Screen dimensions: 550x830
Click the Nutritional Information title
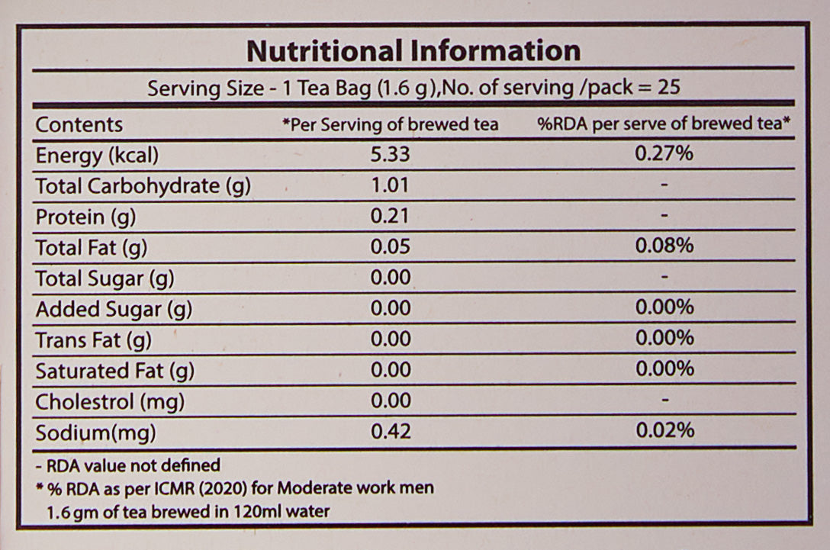(413, 51)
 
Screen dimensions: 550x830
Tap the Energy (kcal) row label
(97, 156)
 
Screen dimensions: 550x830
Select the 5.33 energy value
(390, 155)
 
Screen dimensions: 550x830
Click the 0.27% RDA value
(664, 154)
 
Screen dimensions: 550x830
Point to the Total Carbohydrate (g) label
(143, 186)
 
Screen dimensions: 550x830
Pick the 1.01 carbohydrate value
(390, 185)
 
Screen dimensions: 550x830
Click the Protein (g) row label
(85, 217)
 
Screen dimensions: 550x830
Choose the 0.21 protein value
(390, 217)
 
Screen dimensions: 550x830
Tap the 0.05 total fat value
(390, 247)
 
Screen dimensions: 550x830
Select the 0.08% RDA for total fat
(664, 246)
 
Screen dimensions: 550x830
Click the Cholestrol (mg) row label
(110, 401)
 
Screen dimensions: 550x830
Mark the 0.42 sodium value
(390, 432)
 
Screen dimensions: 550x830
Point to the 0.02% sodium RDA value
(664, 431)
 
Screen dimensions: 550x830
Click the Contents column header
(79, 124)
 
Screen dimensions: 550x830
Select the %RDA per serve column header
(663, 124)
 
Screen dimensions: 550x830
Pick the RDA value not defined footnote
(127, 465)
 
